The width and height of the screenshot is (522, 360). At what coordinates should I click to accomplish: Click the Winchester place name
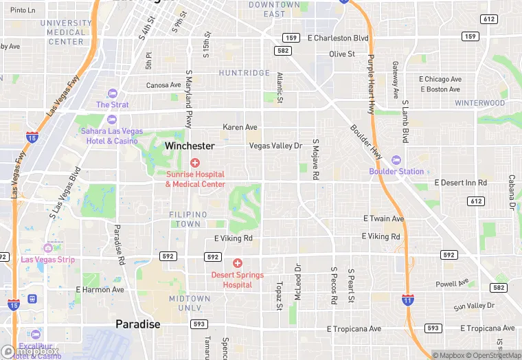tap(190, 146)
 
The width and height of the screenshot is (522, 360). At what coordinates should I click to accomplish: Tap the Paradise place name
tap(137, 324)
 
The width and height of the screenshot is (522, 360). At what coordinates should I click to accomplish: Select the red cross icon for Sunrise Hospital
tap(195, 163)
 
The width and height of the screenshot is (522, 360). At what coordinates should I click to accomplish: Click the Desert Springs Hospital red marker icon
tap(238, 263)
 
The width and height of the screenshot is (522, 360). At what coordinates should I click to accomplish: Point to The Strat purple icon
tap(112, 93)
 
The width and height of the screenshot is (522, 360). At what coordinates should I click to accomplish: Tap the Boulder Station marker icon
tap(396, 160)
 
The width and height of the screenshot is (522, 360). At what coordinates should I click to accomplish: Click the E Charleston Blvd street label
tap(339, 38)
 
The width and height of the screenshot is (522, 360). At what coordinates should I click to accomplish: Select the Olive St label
tap(341, 54)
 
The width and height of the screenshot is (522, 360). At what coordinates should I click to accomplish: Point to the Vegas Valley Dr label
tap(275, 146)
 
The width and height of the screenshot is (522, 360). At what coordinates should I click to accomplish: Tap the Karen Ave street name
tap(240, 127)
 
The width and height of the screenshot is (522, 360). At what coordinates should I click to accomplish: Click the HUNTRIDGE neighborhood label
tap(245, 73)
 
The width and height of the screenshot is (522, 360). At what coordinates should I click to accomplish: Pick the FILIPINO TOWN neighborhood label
tap(185, 219)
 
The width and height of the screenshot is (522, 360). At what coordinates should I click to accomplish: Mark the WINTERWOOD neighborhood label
tap(479, 103)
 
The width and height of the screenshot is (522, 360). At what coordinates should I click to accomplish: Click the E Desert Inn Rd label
tap(460, 183)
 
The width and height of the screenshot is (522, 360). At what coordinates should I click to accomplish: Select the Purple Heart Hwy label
tap(371, 84)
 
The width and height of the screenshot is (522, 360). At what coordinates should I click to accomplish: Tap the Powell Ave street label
tap(452, 283)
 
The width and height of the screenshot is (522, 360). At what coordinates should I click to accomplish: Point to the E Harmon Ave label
tap(100, 289)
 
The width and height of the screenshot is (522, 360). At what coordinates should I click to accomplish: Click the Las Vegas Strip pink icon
tap(47, 248)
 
